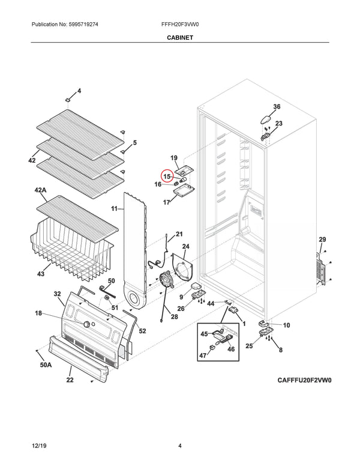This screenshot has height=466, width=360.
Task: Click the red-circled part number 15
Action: [x=166, y=177]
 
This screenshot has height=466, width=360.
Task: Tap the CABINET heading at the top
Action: [x=179, y=37]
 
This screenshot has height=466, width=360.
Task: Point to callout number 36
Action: [x=277, y=107]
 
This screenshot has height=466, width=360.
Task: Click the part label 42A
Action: [x=41, y=190]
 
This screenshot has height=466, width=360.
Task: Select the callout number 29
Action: [x=322, y=240]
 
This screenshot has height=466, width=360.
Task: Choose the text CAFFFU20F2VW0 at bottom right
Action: [x=304, y=380]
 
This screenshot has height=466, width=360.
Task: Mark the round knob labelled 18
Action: [x=89, y=324]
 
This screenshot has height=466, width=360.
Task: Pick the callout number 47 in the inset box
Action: [x=202, y=356]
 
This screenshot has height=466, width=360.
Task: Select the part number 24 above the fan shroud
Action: [x=185, y=247]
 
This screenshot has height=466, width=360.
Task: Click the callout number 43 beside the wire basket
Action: [x=41, y=274]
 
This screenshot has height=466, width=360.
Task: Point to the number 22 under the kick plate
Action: [x=70, y=380]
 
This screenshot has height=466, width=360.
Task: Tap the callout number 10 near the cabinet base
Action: [x=286, y=325]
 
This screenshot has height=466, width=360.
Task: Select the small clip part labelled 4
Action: [x=70, y=97]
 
